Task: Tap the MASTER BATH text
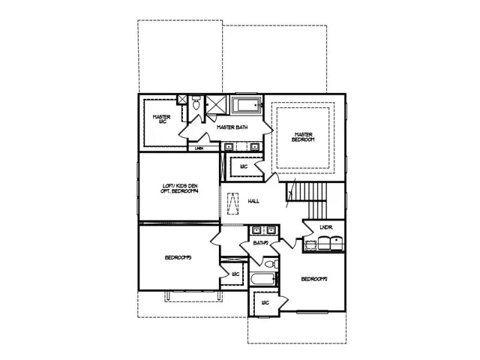[x=232, y=127]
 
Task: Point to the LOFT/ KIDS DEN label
[x=180, y=188]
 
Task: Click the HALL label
[x=253, y=202]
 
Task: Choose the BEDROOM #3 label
[x=178, y=258]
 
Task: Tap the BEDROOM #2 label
[x=315, y=279]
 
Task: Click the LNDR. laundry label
[x=325, y=226]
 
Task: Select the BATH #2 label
[x=260, y=243]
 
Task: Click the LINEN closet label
[x=199, y=148]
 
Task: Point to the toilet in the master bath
[x=196, y=106]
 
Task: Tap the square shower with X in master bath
[x=217, y=104]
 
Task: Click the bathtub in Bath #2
[x=262, y=280]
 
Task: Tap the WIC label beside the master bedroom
[x=244, y=165]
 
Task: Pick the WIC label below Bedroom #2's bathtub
[x=265, y=303]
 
